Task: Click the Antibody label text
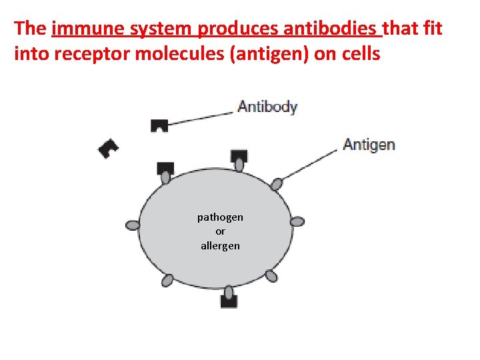(x=267, y=107)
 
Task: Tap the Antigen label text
(x=369, y=145)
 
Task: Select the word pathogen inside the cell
(x=220, y=217)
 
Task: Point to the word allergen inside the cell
(x=220, y=246)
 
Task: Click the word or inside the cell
(x=220, y=231)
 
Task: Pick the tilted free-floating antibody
(x=108, y=149)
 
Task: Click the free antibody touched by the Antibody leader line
(x=159, y=125)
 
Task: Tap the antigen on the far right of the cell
(x=297, y=221)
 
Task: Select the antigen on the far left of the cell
(x=133, y=225)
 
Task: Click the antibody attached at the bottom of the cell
(x=229, y=301)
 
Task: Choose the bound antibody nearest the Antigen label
(x=239, y=157)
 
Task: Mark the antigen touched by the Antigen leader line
(x=276, y=184)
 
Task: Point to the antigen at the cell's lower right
(x=271, y=275)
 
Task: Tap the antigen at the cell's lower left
(x=167, y=279)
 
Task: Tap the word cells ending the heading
(x=361, y=54)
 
